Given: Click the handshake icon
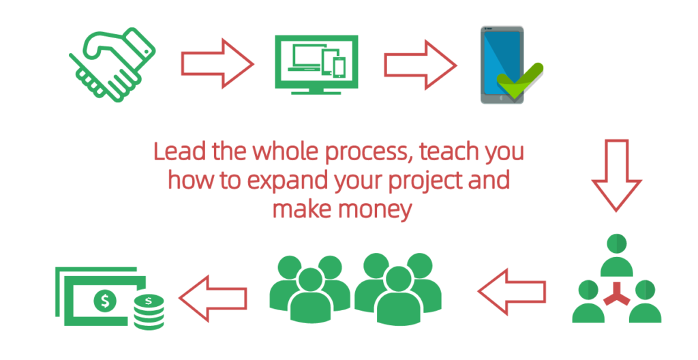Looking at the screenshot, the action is coord(112,65).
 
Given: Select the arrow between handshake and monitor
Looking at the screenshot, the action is coord(217,63).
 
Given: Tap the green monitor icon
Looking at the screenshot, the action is coord(316,65).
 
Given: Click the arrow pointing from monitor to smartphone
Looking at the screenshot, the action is coord(420,65).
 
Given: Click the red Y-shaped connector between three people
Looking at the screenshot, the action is coord(617,295).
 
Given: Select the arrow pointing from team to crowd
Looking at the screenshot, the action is coord(512,291).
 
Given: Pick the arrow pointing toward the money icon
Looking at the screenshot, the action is coord(213,298).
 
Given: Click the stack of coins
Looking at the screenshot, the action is coord(149,312).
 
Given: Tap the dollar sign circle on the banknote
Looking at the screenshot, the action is coord(105,301).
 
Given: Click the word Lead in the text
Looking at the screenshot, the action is coord(180,151).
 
